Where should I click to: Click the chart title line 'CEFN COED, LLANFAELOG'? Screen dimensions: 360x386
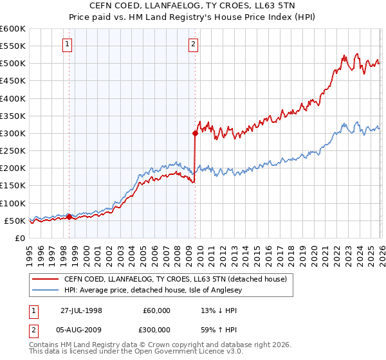[x=192, y=6]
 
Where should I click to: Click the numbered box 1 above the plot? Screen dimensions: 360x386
[x=68, y=44]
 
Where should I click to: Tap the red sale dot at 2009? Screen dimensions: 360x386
[x=194, y=134]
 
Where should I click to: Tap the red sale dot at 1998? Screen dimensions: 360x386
[x=69, y=217]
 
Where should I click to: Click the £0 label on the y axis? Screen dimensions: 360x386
[x=19, y=238]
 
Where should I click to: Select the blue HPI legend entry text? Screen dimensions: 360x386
[x=161, y=289]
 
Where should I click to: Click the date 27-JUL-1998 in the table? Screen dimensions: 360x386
[x=82, y=310]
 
